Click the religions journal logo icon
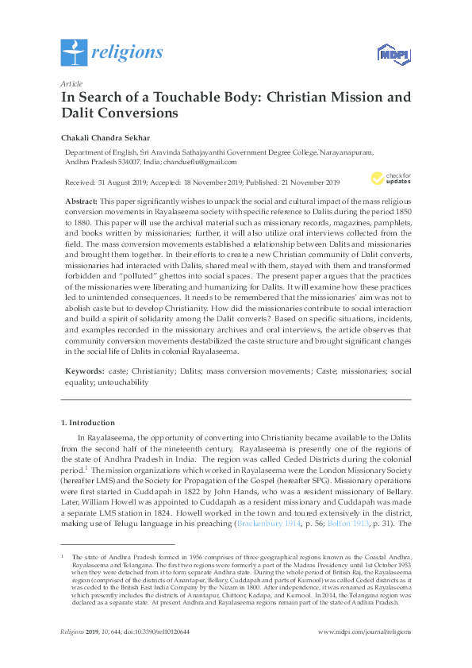pyautogui.click(x=74, y=53)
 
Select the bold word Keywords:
pyautogui.click(x=83, y=370)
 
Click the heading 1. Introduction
pyautogui.click(x=88, y=422)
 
